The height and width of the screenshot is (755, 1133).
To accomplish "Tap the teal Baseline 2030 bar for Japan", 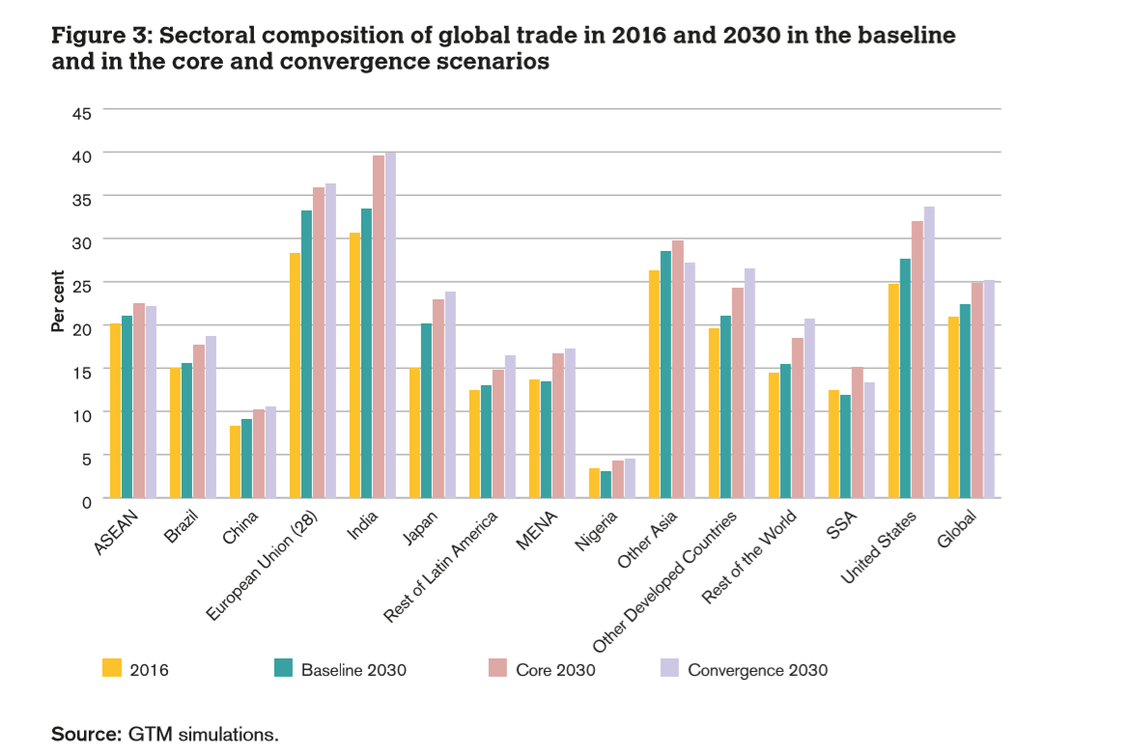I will click(427, 410).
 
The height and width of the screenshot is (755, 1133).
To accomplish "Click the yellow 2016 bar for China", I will click(235, 461).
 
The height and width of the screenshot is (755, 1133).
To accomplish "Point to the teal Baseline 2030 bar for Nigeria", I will click(606, 484).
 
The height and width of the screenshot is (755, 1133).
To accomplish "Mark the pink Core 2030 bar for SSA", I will click(857, 432).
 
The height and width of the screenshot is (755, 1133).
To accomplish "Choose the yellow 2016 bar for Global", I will click(953, 406).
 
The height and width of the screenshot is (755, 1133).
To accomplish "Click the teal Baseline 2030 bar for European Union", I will click(307, 353).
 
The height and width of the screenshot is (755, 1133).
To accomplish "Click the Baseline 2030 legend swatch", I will click(283, 667).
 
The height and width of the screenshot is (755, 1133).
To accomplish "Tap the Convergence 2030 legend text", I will click(757, 669).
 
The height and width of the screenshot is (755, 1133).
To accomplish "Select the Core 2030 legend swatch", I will click(497, 667).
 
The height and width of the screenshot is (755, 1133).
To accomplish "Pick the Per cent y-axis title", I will click(58, 301).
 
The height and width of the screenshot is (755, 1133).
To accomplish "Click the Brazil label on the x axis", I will click(183, 532).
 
